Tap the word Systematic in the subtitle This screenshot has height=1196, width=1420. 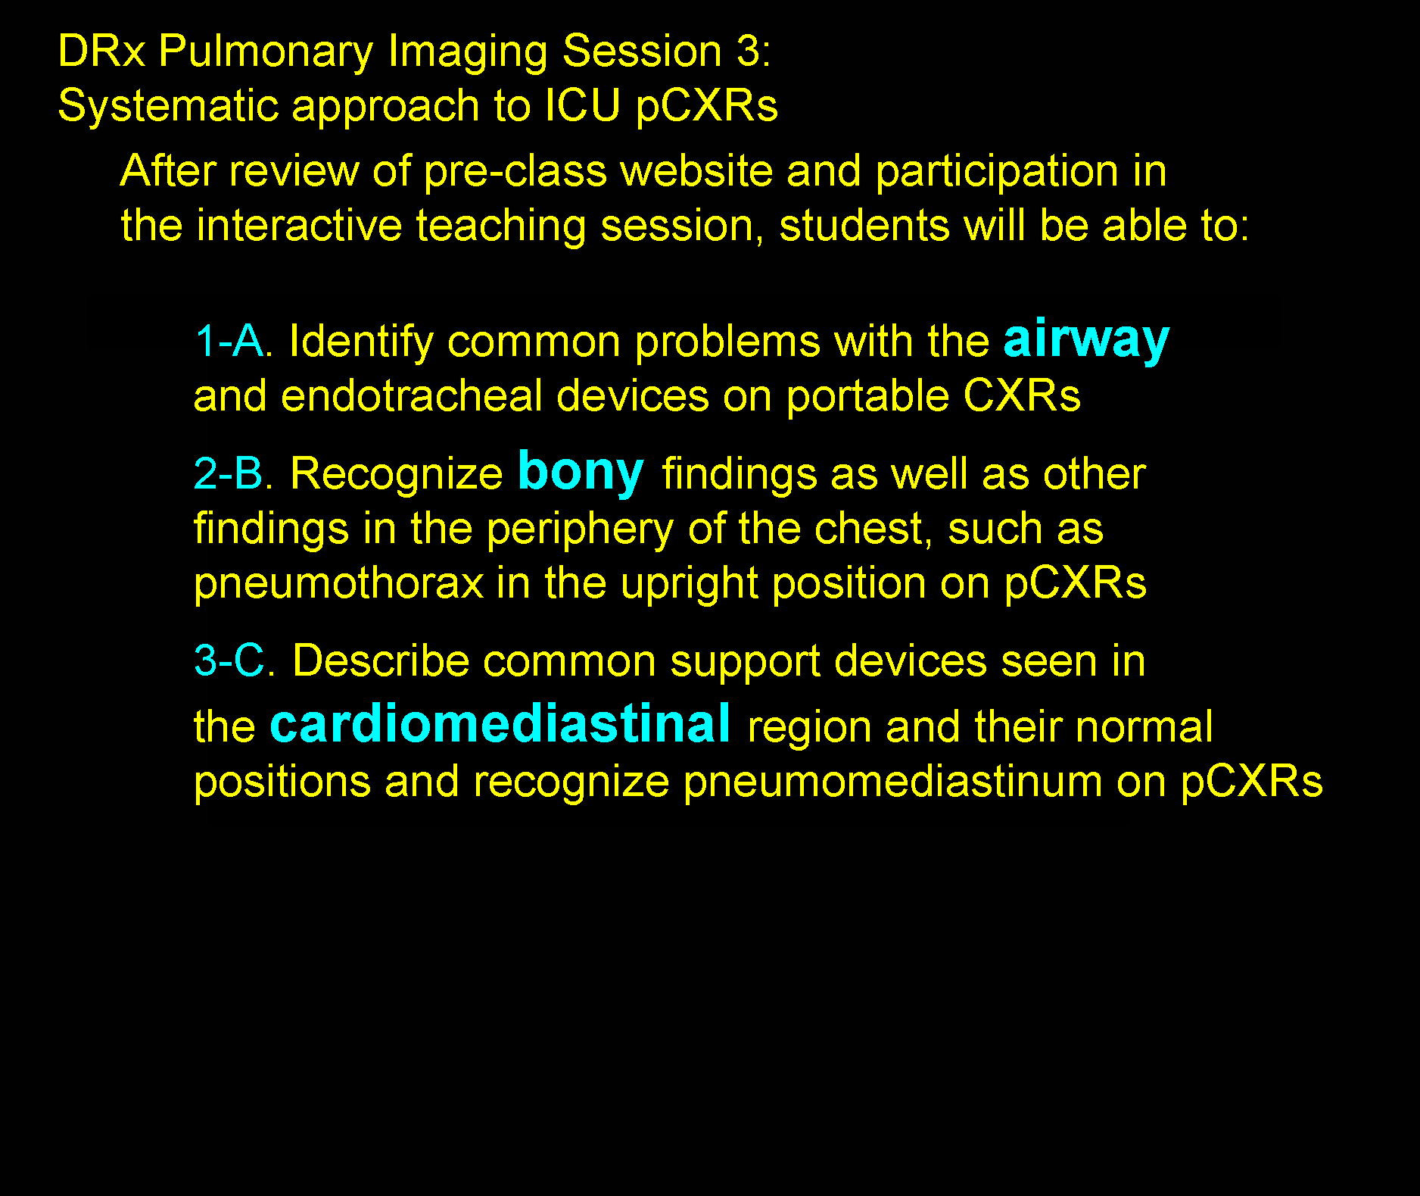tap(168, 105)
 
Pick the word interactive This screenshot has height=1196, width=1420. tap(299, 226)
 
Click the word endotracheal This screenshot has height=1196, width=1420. tap(412, 395)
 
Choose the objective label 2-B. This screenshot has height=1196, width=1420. tap(234, 473)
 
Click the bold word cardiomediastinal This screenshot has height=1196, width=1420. tap(500, 723)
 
